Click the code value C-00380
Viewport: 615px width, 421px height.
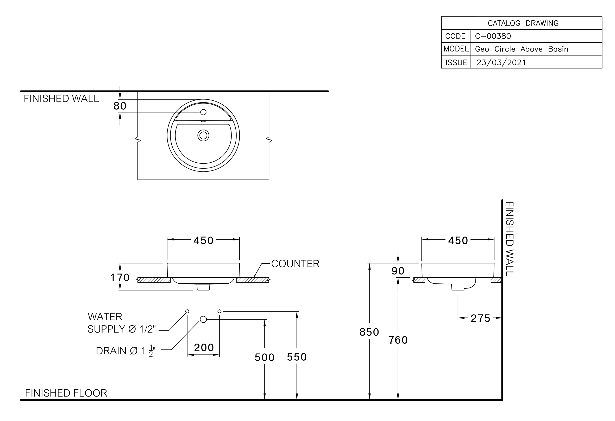click(x=493, y=36)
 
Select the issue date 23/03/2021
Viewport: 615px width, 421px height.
click(x=501, y=62)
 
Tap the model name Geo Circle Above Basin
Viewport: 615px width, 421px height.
click(x=522, y=49)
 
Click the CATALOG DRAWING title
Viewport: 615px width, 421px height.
click(x=523, y=23)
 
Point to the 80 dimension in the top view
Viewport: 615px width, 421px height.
click(x=120, y=106)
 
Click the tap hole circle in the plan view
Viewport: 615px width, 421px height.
click(x=203, y=112)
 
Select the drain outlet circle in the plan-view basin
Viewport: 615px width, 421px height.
click(x=203, y=135)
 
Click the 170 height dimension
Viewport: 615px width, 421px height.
click(x=120, y=277)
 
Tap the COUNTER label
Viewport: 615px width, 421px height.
click(x=295, y=264)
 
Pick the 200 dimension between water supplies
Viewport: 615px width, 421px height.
click(x=204, y=347)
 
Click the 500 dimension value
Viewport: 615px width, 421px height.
click(x=265, y=357)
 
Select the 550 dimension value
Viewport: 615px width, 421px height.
click(x=297, y=357)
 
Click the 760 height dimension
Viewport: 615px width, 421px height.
click(x=398, y=340)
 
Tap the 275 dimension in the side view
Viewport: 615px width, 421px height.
click(x=481, y=318)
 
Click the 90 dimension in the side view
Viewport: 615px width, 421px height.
click(x=398, y=271)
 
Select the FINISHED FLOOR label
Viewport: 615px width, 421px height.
click(x=66, y=393)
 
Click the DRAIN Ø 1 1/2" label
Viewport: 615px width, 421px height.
click(x=126, y=351)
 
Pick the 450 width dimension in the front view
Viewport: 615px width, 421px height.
click(x=203, y=240)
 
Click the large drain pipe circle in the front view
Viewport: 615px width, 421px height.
click(x=203, y=320)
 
